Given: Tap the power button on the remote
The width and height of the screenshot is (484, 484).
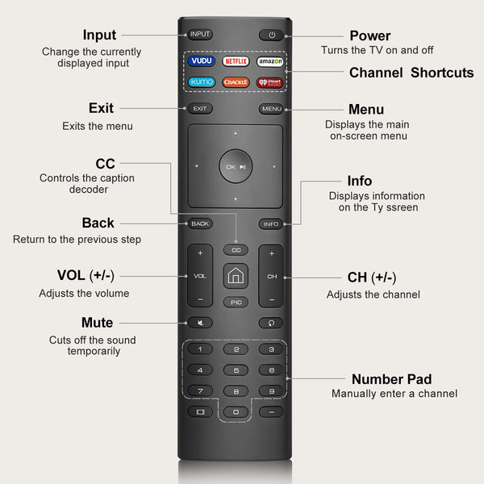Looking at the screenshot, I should click(272, 35).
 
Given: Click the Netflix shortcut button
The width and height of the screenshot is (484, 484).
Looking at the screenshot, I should click(236, 61).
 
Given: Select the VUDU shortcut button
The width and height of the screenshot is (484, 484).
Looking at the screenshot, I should click(200, 61).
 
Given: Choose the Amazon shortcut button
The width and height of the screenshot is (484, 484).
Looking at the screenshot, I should click(271, 61).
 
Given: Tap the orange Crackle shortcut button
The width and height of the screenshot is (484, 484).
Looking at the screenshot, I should click(236, 81).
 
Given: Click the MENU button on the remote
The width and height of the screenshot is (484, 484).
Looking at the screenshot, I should click(271, 109).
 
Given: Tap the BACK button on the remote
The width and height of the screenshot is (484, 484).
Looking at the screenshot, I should click(200, 223).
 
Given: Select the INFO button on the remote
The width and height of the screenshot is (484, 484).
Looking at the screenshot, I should click(271, 223).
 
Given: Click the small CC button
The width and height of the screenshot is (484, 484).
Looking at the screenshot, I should click(236, 250).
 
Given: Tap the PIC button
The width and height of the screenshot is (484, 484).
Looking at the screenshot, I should click(236, 302).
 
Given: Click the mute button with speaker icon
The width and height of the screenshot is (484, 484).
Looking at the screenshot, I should click(200, 323).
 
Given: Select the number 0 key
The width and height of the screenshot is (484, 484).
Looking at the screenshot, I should click(236, 411).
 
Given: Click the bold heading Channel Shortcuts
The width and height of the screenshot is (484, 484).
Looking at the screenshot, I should click(411, 73).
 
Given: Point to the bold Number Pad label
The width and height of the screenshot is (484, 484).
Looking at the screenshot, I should click(391, 379).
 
